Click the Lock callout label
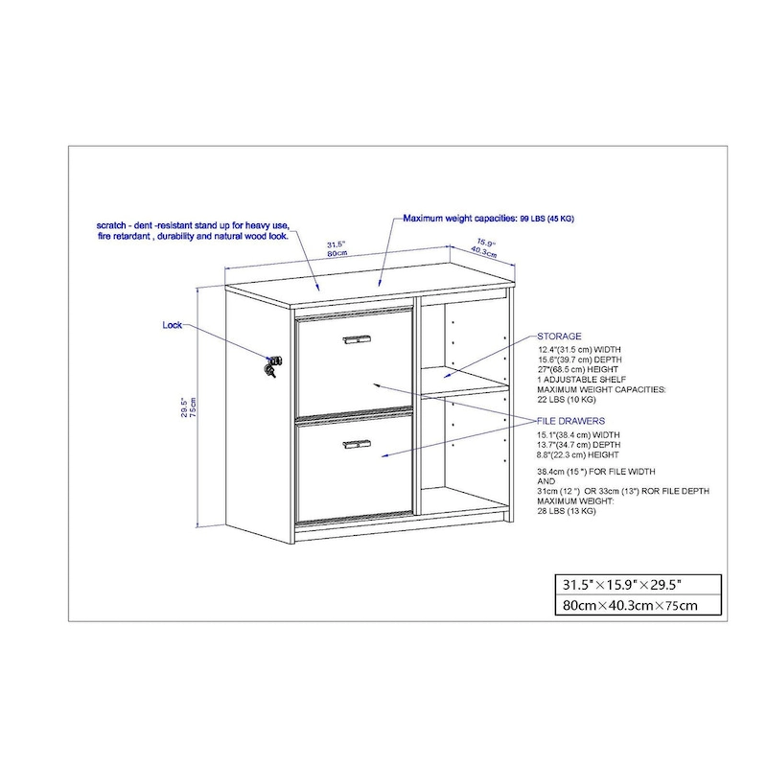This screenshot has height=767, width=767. point(172,326)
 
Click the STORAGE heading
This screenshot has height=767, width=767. point(559,337)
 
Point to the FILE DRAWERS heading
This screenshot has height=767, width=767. point(570,421)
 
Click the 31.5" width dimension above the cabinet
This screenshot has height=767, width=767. point(336,245)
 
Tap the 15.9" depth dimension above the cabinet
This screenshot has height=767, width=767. point(485,243)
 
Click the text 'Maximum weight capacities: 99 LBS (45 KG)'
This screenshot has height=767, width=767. point(488,219)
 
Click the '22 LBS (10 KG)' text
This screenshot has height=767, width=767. point(567,402)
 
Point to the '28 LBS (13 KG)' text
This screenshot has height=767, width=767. point(567,512)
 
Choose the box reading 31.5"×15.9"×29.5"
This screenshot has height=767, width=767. point(623,584)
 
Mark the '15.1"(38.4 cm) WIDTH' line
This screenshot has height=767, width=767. point(578,435)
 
